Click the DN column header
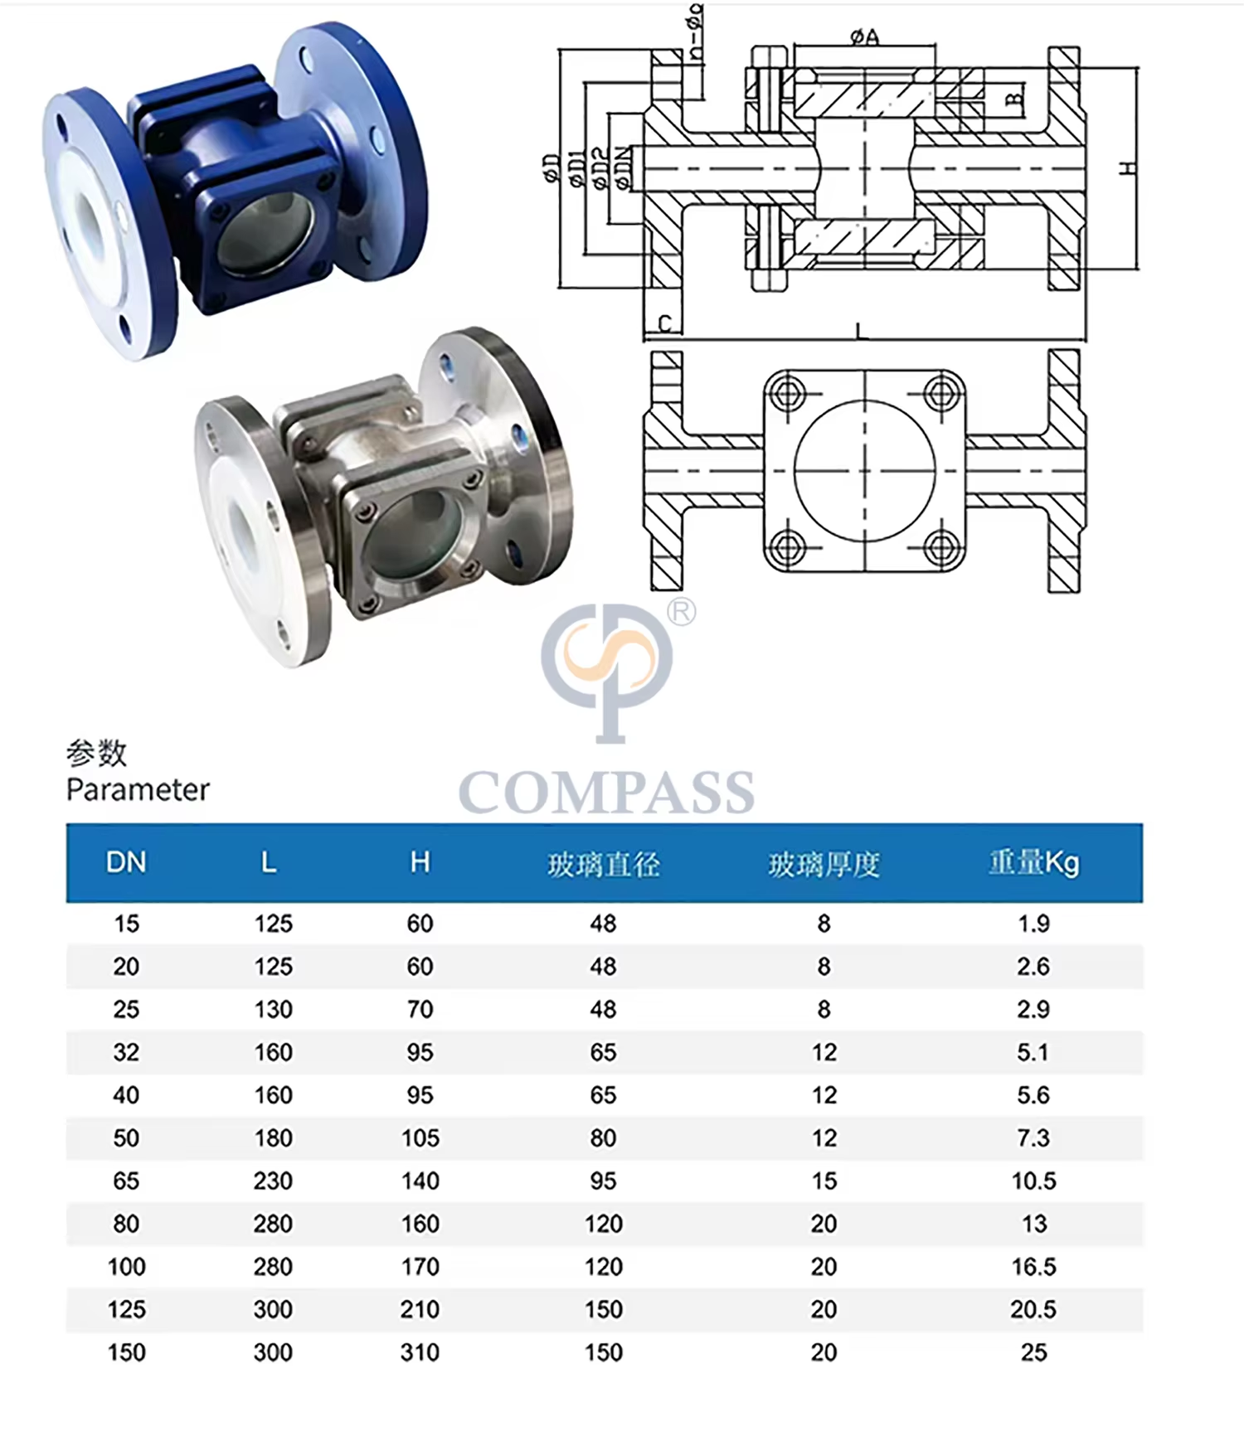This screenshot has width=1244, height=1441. point(126,862)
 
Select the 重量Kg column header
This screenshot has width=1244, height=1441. point(1033,863)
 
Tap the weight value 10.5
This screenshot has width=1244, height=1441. point(1033,1181)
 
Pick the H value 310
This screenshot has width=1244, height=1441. point(420,1352)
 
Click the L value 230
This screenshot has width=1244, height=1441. point(273,1181)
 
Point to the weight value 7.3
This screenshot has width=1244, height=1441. point(1033,1138)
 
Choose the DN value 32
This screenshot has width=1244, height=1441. point(126,1052)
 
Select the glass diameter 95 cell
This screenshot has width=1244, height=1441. point(603,1181)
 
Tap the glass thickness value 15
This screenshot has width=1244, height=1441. point(824,1181)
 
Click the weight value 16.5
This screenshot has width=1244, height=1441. point(1033,1266)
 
